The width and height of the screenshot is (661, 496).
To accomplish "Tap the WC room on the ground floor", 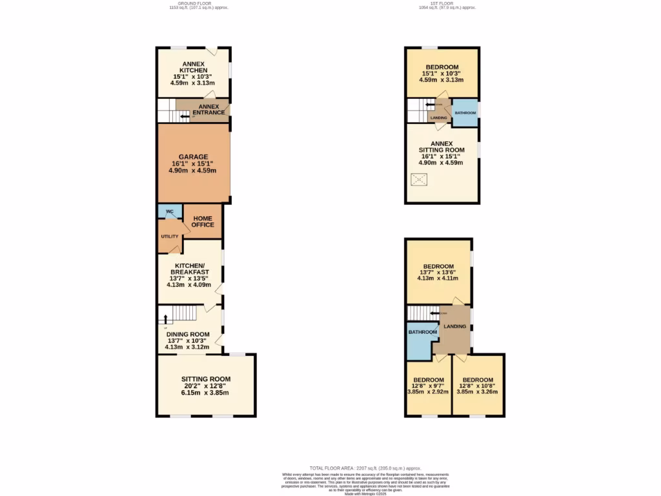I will tap(169, 212).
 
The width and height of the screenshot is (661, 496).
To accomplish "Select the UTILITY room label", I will tap(170, 236).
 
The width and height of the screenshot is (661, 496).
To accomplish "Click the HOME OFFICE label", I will tap(203, 222).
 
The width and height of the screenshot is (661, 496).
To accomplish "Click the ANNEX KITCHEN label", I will tap(193, 67).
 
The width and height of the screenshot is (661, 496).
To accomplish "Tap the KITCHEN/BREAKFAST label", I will tap(189, 269).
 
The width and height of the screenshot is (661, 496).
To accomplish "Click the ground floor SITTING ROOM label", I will tap(205, 379).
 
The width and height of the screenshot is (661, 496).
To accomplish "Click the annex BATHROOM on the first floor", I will tap(465, 113).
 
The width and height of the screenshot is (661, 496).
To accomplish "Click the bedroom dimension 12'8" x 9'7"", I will tap(428, 386).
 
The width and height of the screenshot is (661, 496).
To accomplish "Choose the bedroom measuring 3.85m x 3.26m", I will tap(478, 391).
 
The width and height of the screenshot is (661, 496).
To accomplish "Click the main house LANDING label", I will tap(454, 327).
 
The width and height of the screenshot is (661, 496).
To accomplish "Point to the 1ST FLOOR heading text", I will tap(447, 3).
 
